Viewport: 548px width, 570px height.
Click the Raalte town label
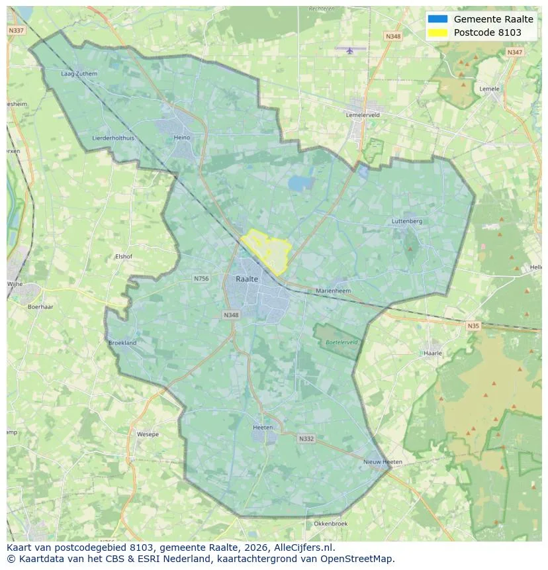(x=247, y=279)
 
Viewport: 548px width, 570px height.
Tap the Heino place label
(x=181, y=138)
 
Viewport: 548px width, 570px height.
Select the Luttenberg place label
(x=406, y=221)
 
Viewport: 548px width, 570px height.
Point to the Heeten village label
(x=263, y=428)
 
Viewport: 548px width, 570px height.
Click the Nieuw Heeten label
(x=383, y=461)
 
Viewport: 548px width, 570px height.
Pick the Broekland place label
(x=122, y=343)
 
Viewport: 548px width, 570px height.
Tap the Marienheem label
(x=333, y=291)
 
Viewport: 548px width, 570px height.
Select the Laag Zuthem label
(x=79, y=73)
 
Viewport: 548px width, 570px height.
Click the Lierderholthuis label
(x=113, y=138)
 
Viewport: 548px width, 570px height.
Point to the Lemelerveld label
(x=363, y=115)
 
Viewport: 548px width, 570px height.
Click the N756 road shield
(x=201, y=279)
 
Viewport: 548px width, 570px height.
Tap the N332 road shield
(x=306, y=438)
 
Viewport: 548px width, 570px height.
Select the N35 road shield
(x=473, y=326)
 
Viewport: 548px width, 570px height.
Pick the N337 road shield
(x=16, y=30)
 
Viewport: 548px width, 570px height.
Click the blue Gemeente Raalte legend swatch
(x=437, y=19)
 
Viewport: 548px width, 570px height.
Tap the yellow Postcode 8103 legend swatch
(x=437, y=32)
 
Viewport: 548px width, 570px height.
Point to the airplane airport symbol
(x=350, y=50)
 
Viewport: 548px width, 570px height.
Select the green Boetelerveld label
(x=342, y=342)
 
